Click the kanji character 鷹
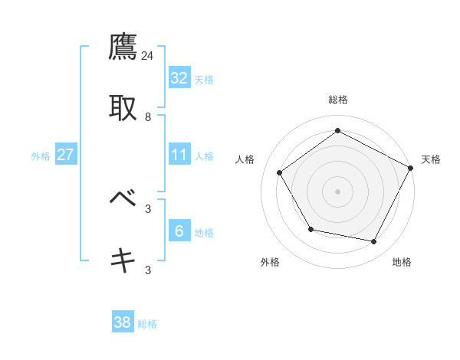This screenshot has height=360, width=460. [x=123, y=48]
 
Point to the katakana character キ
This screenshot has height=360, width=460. [x=123, y=260]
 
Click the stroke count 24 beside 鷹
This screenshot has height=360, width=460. [x=148, y=55]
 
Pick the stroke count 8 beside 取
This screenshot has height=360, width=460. [x=148, y=116]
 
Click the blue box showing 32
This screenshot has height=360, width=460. [x=179, y=77]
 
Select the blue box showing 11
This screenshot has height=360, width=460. [x=179, y=154]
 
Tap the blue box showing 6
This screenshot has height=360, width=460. [x=179, y=231]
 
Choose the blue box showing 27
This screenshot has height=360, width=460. [x=66, y=154]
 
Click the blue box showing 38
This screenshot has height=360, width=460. [x=123, y=322]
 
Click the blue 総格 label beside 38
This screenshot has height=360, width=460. [x=147, y=325]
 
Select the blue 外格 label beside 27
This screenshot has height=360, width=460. [x=41, y=156]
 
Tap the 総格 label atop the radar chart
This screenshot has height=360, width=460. [x=337, y=100]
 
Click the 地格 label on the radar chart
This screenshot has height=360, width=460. [x=402, y=262]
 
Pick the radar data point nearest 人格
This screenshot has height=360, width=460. [x=280, y=172]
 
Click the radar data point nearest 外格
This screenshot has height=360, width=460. [x=310, y=229]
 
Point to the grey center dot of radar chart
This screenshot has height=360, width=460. [x=337, y=191]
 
